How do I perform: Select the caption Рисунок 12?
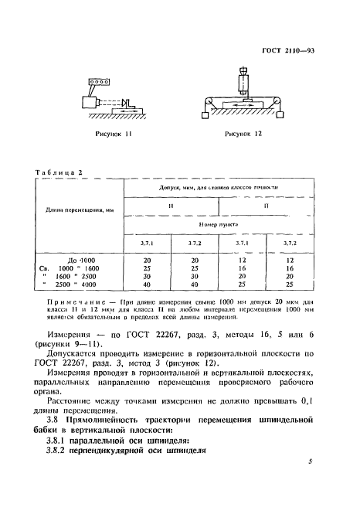(243, 134)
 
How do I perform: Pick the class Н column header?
(171, 206)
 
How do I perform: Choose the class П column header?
(266, 206)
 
